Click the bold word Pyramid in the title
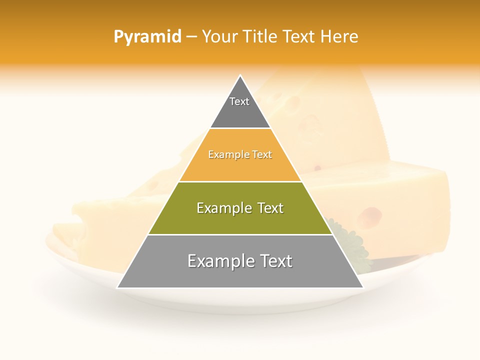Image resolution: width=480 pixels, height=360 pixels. pos(147,37)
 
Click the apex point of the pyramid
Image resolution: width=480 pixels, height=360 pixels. pos(240,76)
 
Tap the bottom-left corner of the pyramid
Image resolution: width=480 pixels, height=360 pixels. pos(118,287)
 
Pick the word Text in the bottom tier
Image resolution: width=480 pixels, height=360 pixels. pos(273,261)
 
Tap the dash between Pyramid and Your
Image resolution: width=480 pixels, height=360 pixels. pos(191,37)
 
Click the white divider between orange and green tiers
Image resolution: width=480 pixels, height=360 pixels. pos(240,181)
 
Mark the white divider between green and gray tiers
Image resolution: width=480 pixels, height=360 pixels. pos(240,234)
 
